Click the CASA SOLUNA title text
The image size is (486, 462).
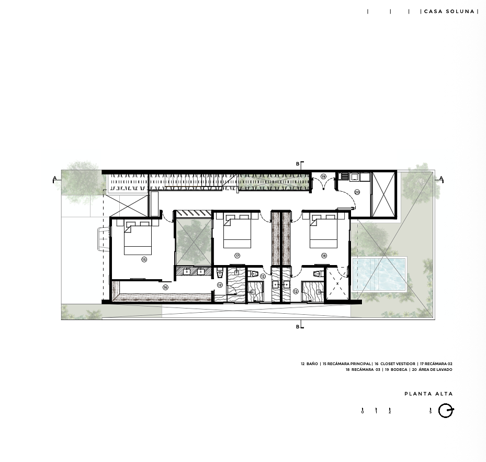coord(449,12)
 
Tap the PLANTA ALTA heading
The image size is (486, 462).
coord(428,394)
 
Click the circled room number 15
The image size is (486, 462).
coord(144,259)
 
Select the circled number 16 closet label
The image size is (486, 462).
coord(165,288)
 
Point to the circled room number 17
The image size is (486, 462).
coord(237,256)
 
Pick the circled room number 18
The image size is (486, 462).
coord(324,256)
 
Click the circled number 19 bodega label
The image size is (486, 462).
coord(323,177)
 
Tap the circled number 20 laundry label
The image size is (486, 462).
coord(357,192)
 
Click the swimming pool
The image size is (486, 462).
coord(379,274)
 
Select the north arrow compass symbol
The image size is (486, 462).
coord(446,411)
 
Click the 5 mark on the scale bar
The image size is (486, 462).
coord(431,411)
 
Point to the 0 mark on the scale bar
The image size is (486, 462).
coord(363,411)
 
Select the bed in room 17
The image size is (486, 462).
coord(237,231)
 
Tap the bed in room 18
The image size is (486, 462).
coord(324,231)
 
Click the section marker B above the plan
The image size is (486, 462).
coord(298,164)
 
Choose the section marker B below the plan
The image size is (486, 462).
coord(298,327)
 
